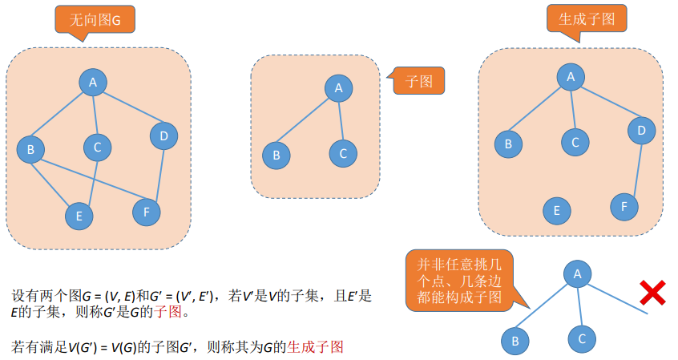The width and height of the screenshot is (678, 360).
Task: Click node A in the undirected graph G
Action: click(x=93, y=82)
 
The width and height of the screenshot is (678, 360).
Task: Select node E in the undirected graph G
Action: click(x=79, y=215)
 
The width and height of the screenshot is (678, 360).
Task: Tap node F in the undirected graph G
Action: click(x=146, y=212)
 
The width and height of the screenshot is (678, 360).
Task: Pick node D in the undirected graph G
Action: click(x=163, y=136)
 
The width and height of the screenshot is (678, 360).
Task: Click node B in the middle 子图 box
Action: click(x=276, y=155)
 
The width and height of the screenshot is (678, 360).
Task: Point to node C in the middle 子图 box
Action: click(x=342, y=152)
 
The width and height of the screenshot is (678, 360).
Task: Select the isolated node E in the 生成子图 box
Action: click(x=556, y=211)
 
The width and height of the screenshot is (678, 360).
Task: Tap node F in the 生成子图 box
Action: click(x=624, y=206)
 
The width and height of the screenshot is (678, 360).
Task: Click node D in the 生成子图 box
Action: click(x=640, y=129)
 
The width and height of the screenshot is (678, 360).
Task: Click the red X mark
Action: click(x=653, y=293)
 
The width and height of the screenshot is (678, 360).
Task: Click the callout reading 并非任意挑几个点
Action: click(x=459, y=280)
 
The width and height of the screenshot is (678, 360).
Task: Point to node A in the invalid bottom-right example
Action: click(x=576, y=274)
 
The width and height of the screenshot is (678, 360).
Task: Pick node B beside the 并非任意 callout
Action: click(x=515, y=341)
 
